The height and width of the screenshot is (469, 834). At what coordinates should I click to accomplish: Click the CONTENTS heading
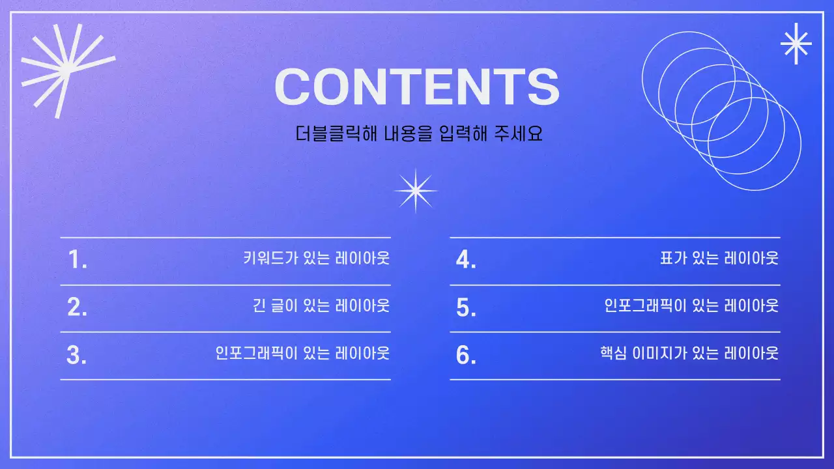click(x=417, y=86)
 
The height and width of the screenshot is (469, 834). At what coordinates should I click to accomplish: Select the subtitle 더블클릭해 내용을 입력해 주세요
click(x=419, y=134)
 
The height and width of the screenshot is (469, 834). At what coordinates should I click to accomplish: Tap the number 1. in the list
click(x=77, y=260)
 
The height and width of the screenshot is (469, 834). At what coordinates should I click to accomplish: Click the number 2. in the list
click(x=77, y=307)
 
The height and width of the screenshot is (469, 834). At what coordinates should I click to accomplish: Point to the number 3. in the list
click(x=77, y=355)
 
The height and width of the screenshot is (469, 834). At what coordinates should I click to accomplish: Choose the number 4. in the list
click(x=466, y=260)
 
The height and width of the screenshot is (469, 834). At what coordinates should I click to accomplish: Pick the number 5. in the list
click(x=466, y=307)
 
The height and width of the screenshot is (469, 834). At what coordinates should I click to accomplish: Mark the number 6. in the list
click(x=466, y=355)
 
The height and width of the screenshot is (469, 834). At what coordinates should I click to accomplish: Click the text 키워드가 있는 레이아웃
click(x=316, y=258)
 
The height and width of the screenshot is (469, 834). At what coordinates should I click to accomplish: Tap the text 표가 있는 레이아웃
click(x=719, y=258)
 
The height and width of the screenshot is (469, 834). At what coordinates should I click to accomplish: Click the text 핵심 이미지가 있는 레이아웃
click(x=689, y=353)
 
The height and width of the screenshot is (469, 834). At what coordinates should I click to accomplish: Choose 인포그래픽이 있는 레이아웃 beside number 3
click(x=302, y=353)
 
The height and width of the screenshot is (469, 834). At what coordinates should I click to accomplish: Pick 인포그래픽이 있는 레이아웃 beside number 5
click(x=691, y=305)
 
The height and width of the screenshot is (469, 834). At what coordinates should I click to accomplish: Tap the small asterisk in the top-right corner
click(x=796, y=44)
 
